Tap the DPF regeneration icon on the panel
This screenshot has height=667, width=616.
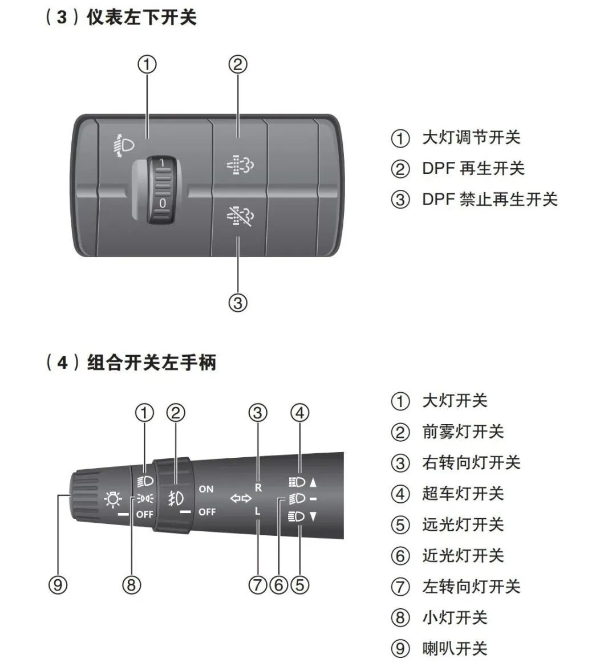(x=240, y=165)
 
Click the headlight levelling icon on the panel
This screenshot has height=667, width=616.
(x=123, y=145)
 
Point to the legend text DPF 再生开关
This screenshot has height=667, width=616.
(x=473, y=168)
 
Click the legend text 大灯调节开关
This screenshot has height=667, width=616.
(x=471, y=137)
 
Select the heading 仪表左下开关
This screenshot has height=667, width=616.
(x=141, y=17)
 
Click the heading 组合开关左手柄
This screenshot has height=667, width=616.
(x=152, y=362)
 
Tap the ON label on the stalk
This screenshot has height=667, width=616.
(x=206, y=489)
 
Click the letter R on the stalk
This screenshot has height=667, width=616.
(x=258, y=488)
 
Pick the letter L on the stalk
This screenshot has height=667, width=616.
(x=258, y=511)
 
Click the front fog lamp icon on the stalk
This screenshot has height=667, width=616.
(x=176, y=499)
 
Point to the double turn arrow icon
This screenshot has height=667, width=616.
(x=240, y=499)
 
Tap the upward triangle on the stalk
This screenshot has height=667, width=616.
(x=313, y=482)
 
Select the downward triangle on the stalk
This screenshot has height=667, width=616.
(x=313, y=517)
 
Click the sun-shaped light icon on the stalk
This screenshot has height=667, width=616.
(x=113, y=500)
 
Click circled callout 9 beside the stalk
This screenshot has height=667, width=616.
(x=58, y=584)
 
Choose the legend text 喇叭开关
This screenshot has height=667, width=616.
(x=455, y=648)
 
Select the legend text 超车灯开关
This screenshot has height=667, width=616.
(x=463, y=493)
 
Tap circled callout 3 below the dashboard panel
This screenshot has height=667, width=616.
(x=238, y=302)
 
